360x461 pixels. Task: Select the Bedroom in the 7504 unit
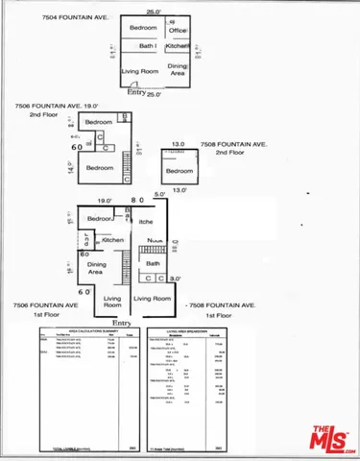pyautogui.click(x=143, y=29)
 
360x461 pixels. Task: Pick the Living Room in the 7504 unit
pyautogui.click(x=139, y=71)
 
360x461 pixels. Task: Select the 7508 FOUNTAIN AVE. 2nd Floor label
pyautogui.click(x=233, y=148)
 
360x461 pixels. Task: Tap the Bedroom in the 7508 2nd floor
pyautogui.click(x=180, y=171)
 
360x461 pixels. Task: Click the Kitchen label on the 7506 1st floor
pyautogui.click(x=114, y=240)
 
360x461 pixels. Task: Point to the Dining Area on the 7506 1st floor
pyautogui.click(x=98, y=267)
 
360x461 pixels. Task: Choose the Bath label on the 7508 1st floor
pyautogui.click(x=153, y=261)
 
